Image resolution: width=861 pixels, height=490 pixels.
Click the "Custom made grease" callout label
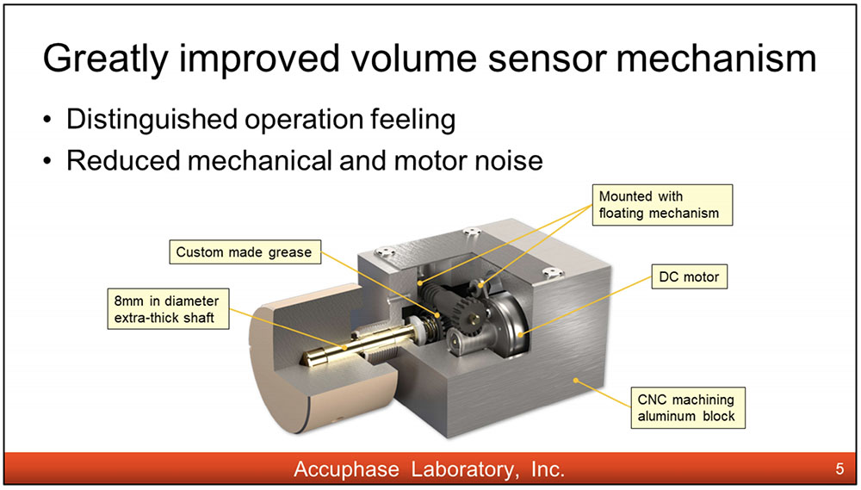245,252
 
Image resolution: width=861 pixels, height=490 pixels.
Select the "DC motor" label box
689,276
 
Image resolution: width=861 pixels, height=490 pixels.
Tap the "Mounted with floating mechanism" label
662,205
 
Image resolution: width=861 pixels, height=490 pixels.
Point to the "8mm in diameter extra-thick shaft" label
168,309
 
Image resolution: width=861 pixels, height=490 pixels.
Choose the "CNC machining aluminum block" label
688,408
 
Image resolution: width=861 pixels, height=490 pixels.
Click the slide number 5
839,468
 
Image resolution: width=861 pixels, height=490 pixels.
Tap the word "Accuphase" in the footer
346,469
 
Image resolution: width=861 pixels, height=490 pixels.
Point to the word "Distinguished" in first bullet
152,120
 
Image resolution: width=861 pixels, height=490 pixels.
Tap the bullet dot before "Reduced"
48,162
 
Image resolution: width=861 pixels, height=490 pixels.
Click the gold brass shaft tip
309,357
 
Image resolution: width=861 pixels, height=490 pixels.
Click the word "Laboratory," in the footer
465,469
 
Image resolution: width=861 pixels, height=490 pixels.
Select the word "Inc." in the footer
548,469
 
